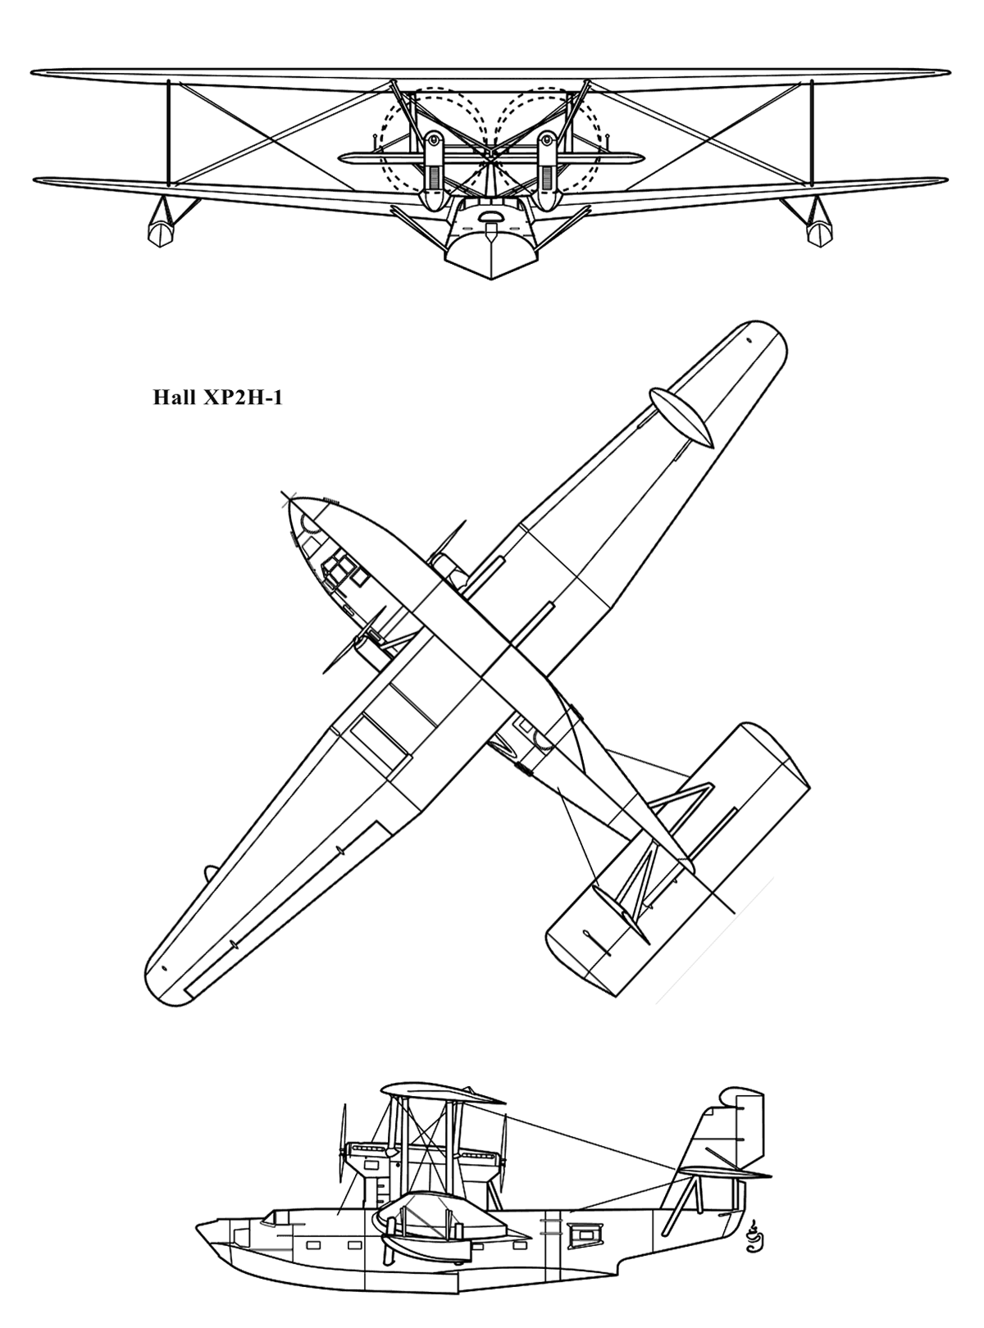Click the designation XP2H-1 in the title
point(243,398)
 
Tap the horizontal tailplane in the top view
point(680,861)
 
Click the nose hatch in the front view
point(491,216)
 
